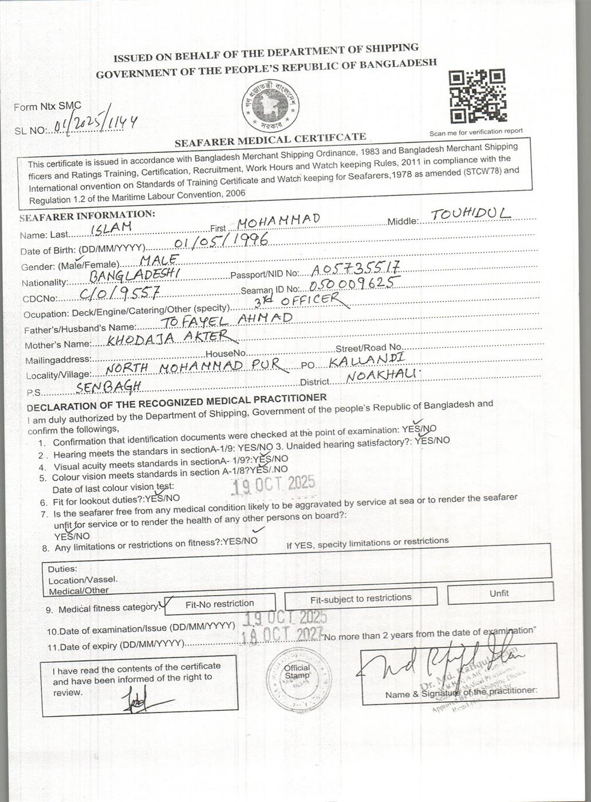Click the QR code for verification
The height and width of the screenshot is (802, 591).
[477, 96]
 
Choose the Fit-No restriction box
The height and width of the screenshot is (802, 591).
[220, 603]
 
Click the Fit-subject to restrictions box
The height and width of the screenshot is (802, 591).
[361, 599]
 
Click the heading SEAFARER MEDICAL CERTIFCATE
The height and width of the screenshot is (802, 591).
[270, 139]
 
